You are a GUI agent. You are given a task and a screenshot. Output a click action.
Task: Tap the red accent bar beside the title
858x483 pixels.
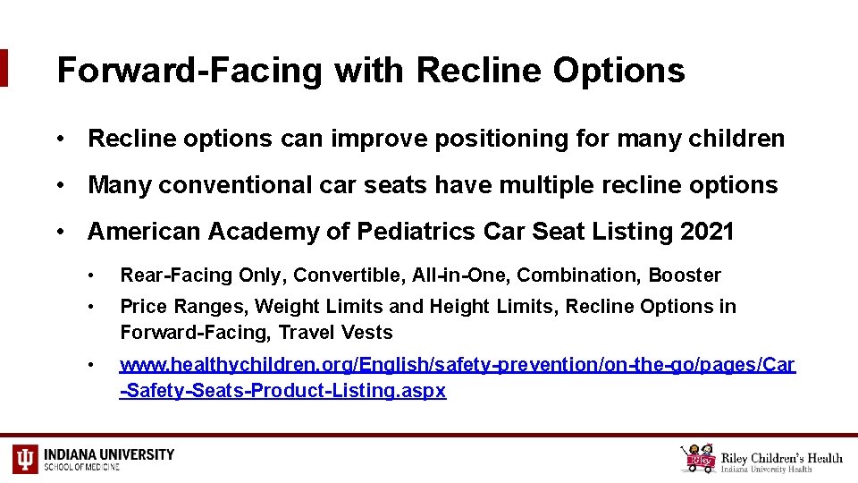coord(4,68)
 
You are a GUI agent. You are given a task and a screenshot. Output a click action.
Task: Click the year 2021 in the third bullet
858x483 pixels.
coord(707,232)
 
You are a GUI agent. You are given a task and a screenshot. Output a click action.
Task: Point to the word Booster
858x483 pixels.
coord(685,275)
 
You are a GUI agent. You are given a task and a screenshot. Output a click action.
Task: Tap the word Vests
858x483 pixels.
coord(368,333)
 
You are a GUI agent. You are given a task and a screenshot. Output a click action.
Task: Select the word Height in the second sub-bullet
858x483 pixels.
coord(460,307)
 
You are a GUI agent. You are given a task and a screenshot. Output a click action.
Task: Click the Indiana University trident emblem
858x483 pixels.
coord(25,459)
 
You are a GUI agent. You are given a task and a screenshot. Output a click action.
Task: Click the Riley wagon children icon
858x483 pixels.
coord(697,459)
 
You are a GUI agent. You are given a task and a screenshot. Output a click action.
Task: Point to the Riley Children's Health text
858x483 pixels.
coord(782,458)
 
